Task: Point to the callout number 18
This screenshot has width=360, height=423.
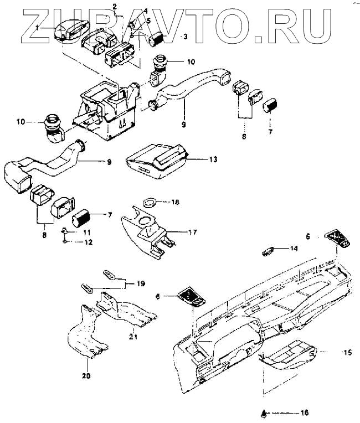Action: (176, 203)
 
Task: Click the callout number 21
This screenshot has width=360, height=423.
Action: (133, 336)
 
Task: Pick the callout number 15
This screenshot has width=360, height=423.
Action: (332, 352)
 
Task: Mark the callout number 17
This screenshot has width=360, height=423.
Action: (192, 233)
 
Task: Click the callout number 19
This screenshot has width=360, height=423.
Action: (141, 283)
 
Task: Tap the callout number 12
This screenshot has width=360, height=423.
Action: (89, 243)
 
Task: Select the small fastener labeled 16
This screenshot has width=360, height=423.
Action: (265, 412)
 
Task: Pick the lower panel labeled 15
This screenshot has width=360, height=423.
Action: (287, 354)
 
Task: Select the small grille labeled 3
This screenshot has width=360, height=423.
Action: (159, 40)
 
